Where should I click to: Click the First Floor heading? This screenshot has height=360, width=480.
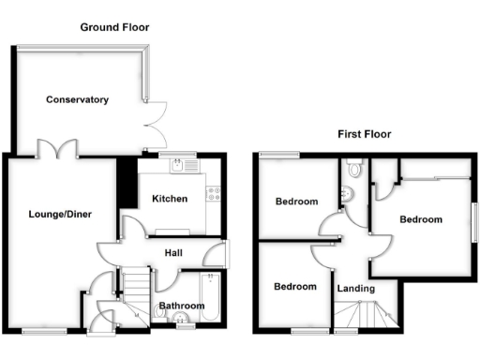tap(364, 134)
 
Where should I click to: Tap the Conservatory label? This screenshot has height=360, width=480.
tap(78, 99)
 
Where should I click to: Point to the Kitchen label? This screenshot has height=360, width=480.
tap(170, 199)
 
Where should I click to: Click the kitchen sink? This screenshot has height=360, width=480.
tap(178, 167)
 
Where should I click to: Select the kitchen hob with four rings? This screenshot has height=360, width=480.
tap(214, 195)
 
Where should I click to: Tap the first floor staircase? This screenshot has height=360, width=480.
tap(362, 317)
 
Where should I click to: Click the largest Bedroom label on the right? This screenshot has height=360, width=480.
tap(420, 219)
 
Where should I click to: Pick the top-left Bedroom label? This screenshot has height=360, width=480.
tap(296, 201)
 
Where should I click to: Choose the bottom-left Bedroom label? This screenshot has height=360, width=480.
tap(294, 287)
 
